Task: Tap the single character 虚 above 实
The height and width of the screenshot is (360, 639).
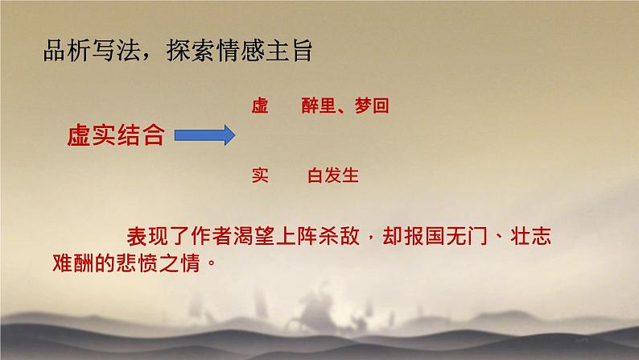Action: [259, 106]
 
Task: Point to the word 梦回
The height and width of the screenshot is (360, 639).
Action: [372, 106]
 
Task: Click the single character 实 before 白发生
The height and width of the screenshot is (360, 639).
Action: [259, 175]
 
